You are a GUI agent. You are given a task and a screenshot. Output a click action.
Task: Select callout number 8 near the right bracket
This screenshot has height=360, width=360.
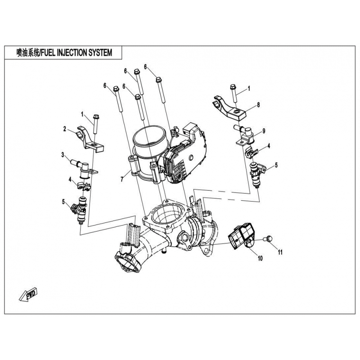click(259, 105)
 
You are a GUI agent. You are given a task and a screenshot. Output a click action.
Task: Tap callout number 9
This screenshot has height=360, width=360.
click(264, 130)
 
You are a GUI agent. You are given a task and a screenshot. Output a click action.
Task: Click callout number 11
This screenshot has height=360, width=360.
click(279, 252)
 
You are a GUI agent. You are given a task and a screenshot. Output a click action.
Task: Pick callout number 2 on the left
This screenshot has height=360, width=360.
click(65, 129)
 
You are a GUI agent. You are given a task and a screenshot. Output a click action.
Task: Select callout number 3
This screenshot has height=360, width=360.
click(63, 155)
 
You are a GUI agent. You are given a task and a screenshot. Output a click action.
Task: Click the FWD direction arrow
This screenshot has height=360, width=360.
click(28, 295)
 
